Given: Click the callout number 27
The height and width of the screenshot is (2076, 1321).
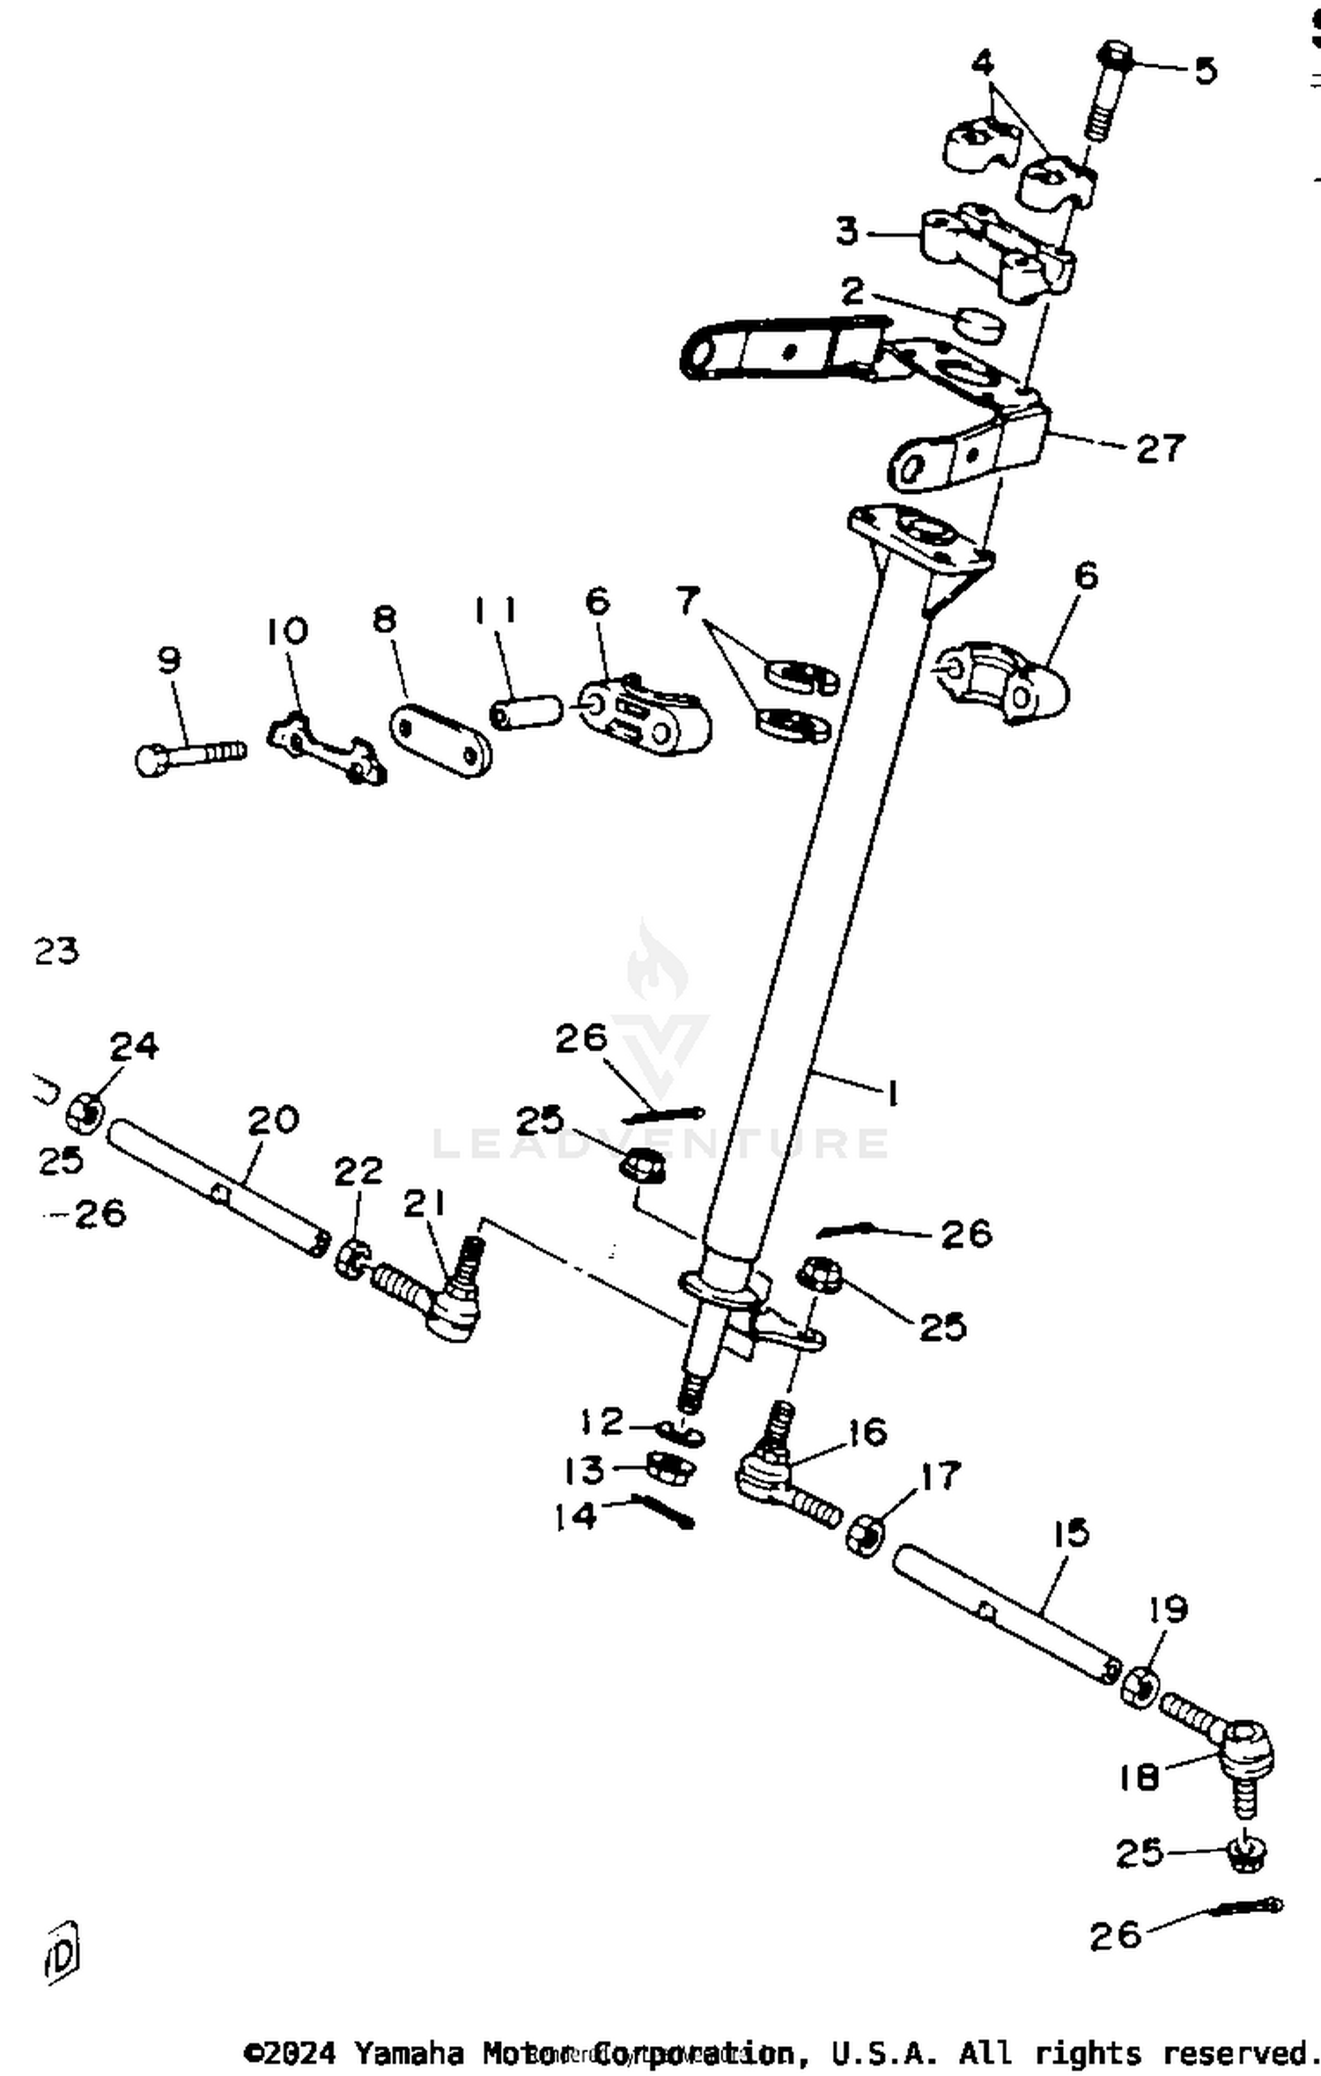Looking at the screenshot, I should click(x=1161, y=448).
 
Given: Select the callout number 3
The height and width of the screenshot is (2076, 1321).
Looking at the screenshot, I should click(x=846, y=232).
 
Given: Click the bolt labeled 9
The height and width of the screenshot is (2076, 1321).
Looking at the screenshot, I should click(x=189, y=755).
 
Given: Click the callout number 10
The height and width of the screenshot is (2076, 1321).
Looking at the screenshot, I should click(x=287, y=630).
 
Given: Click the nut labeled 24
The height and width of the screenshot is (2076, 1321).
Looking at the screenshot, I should click(x=85, y=1114).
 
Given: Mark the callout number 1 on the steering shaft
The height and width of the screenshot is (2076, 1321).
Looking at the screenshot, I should click(x=892, y=1094).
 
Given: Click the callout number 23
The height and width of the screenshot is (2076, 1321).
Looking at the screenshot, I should click(x=57, y=951).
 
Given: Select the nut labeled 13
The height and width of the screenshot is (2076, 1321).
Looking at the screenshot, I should click(x=670, y=1469).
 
